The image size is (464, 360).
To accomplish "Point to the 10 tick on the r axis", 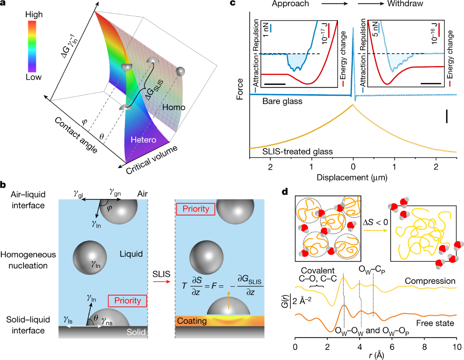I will pos(456,347).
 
